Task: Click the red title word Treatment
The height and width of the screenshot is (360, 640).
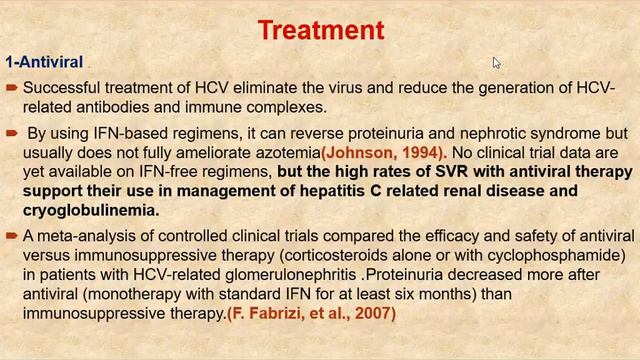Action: click(x=320, y=30)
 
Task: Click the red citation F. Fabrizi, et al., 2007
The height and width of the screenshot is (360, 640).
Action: click(x=311, y=313)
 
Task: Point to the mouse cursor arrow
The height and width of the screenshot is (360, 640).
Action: click(x=497, y=64)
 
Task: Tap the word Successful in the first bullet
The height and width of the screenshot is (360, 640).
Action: click(x=61, y=87)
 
